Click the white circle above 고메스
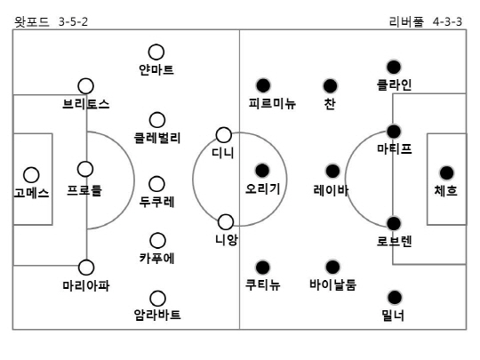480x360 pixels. click(x=31, y=175)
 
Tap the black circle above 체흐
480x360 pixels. click(x=446, y=173)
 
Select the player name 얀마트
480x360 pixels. click(x=156, y=70)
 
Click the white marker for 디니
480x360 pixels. click(x=223, y=135)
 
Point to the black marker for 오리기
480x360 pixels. click(x=262, y=171)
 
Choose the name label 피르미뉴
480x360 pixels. click(x=272, y=103)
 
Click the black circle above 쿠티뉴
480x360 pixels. click(x=262, y=268)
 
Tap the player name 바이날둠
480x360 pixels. click(x=332, y=284)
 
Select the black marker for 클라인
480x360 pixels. click(x=394, y=68)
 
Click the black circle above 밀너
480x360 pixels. click(x=395, y=297)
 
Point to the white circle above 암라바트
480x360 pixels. click(x=157, y=299)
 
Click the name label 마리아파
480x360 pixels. click(x=86, y=285)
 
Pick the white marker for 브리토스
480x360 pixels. click(x=85, y=86)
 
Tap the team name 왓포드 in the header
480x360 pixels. click(x=31, y=21)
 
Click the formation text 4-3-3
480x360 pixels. click(x=447, y=21)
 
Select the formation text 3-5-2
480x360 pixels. click(x=73, y=21)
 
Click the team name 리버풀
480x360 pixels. click(x=406, y=21)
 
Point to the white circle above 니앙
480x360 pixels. click(x=226, y=222)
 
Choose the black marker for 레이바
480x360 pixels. click(x=332, y=171)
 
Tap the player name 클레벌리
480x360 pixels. click(x=157, y=138)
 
